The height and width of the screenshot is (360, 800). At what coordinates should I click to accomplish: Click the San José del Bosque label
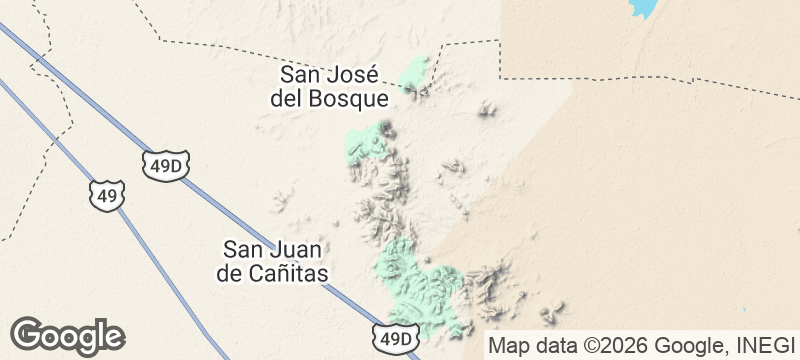[x=328, y=86]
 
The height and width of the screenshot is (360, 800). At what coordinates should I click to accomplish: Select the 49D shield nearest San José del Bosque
[x=166, y=166]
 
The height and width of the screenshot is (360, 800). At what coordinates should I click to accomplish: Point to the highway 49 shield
[x=107, y=194]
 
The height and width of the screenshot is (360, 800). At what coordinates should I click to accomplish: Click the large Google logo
[x=68, y=335]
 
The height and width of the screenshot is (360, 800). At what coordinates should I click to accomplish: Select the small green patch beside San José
[x=414, y=74]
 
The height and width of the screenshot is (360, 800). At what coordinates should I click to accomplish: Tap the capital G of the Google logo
[x=28, y=334]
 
